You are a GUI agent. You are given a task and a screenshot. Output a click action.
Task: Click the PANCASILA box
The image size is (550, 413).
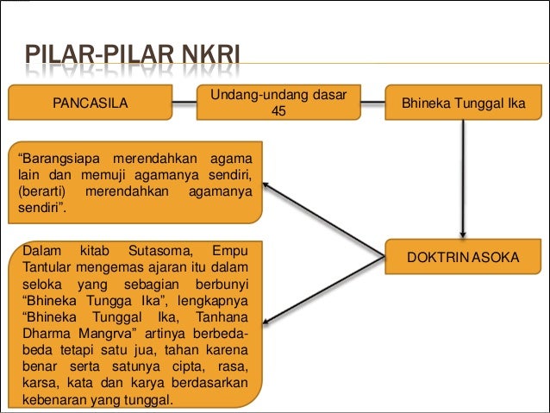[90, 103]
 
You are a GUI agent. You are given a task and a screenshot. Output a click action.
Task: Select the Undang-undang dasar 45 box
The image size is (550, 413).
[278, 103]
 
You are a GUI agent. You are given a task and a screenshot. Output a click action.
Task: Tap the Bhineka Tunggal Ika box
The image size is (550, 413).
[463, 103]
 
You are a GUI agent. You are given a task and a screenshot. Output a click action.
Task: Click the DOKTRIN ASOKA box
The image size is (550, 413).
[463, 257]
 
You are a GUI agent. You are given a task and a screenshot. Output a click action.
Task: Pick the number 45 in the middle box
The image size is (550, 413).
[278, 111]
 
